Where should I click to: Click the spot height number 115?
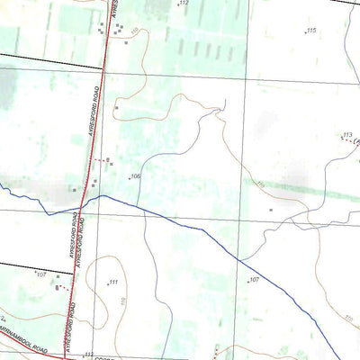(311, 31)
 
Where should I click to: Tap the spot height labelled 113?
(346, 135)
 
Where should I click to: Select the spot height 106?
(136, 176)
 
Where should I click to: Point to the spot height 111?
(114, 283)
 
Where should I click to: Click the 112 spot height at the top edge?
(184, 4)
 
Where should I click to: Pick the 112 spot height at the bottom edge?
(89, 355)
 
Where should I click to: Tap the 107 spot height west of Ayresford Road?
(41, 274)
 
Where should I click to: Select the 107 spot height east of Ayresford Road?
(255, 281)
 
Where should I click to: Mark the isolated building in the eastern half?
(271, 210)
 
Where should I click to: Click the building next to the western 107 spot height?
(58, 287)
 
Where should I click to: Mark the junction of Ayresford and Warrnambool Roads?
(66, 355)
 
